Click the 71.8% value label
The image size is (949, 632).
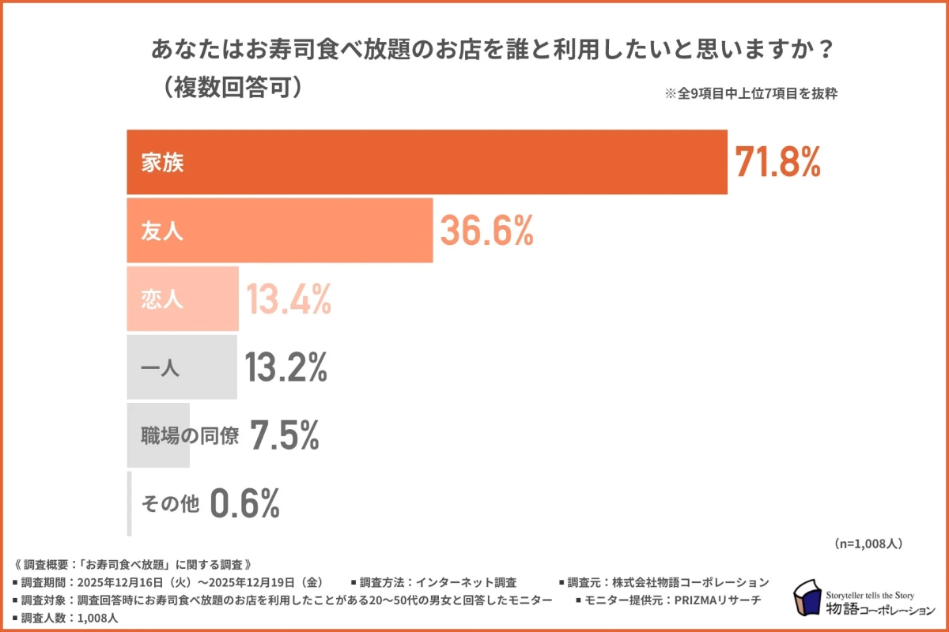click(778, 162)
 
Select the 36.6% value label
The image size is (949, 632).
click(486, 230)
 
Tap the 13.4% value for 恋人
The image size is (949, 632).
click(288, 299)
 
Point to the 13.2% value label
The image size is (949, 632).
click(285, 367)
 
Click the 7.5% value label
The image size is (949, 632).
click(285, 435)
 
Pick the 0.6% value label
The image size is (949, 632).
click(245, 503)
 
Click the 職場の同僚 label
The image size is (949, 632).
click(189, 436)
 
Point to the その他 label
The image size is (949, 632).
click(169, 504)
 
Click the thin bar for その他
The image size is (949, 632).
click(129, 504)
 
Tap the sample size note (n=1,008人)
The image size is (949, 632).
click(868, 544)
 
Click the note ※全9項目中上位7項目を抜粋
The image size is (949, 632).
click(751, 92)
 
